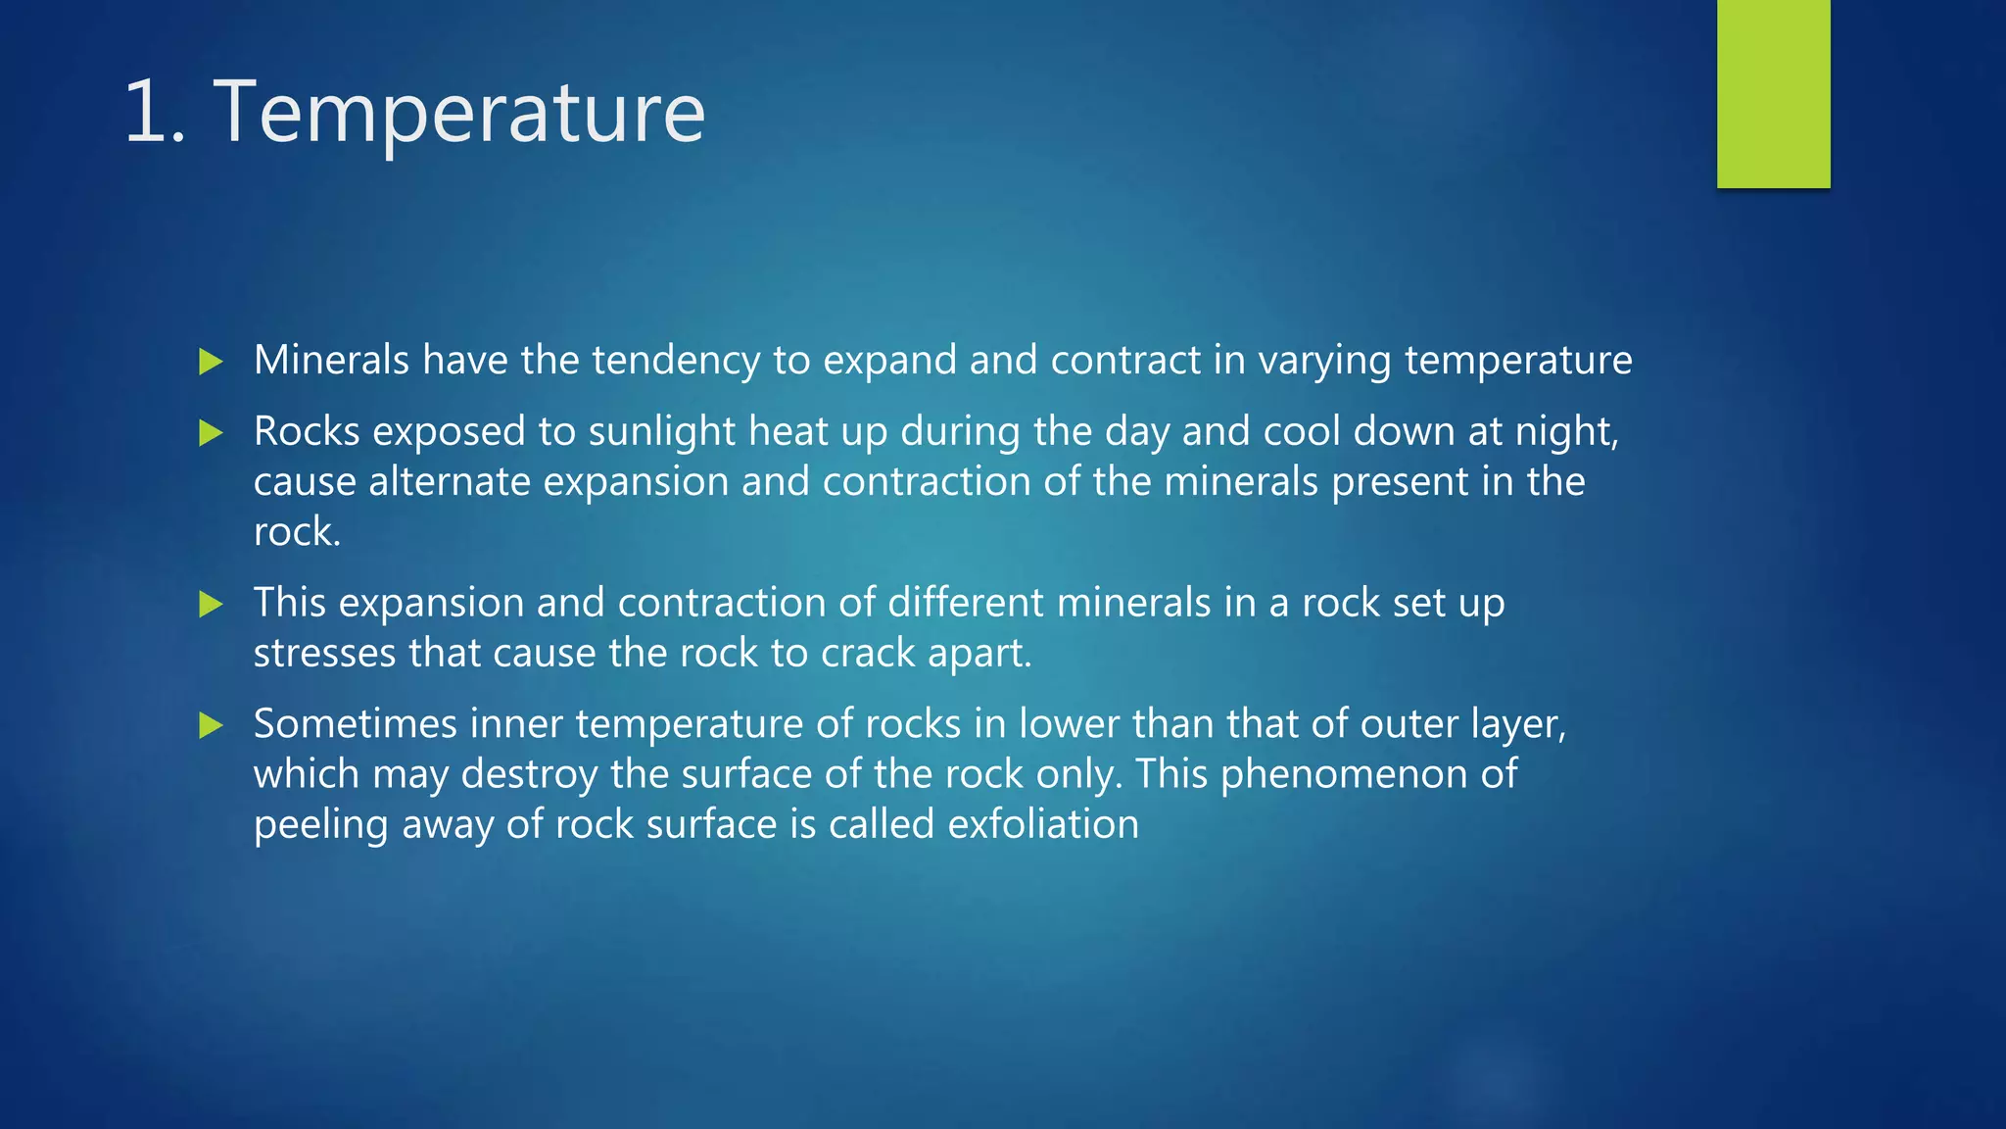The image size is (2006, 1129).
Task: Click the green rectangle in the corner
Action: click(x=1773, y=93)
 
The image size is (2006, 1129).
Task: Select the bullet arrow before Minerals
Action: click(x=211, y=362)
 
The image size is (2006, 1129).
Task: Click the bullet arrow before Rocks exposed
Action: click(x=211, y=432)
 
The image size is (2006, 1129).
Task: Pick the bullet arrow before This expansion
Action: click(x=211, y=604)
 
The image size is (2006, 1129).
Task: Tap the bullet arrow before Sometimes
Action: click(x=211, y=725)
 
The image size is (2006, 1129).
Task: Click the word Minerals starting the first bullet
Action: click(x=331, y=360)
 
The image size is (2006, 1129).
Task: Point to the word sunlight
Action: click(x=661, y=432)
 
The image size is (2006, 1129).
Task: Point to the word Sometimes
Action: click(x=355, y=724)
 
